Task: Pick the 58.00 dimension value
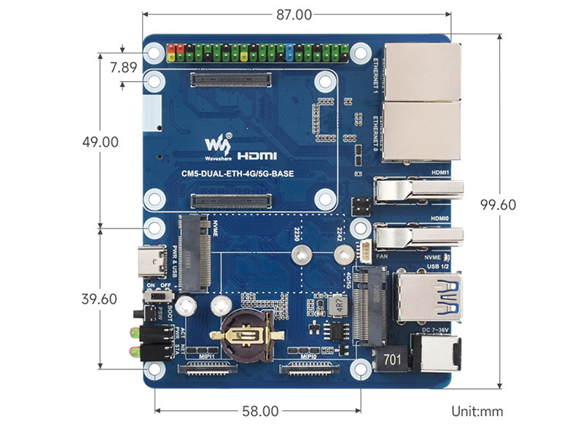(260, 411)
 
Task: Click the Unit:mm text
(477, 412)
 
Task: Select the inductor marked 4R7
(337, 306)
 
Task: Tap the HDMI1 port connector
(418, 191)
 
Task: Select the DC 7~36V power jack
(435, 360)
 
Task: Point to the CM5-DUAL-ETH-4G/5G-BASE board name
(243, 173)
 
